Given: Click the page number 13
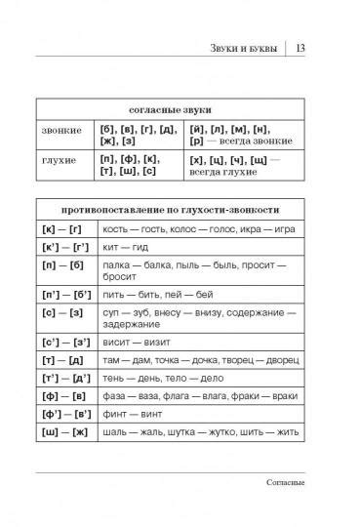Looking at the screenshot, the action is click(300, 49).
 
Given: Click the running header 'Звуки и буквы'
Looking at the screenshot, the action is click(244, 49).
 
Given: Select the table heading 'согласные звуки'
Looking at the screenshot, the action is click(170, 109).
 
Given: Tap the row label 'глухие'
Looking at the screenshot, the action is click(60, 159).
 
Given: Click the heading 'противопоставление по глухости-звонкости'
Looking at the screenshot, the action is click(170, 210).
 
